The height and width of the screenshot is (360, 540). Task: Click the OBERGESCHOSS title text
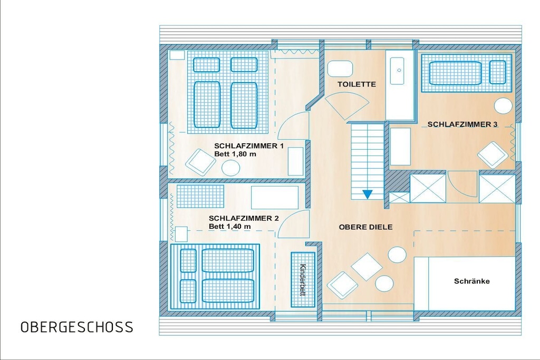[77, 327]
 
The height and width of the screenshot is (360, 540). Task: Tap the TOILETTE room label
[356, 84]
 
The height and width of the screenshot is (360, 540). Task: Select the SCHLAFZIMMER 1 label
[249, 146]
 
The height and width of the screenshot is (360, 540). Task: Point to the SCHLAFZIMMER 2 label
[244, 218]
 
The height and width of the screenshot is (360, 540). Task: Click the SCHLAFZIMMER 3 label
[462, 124]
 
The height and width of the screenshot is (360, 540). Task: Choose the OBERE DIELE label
[366, 227]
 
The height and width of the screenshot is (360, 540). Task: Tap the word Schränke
[472, 281]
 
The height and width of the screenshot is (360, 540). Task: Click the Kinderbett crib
[303, 279]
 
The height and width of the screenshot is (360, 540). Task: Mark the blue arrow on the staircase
[368, 194]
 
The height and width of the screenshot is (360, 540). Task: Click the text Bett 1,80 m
[235, 154]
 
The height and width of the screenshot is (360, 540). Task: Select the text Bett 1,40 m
[230, 227]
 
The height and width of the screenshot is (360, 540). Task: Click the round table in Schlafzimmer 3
[503, 105]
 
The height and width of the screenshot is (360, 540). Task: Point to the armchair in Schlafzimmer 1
[201, 161]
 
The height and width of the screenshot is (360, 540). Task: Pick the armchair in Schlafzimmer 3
[493, 155]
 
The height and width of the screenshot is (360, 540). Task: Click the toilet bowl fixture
[340, 69]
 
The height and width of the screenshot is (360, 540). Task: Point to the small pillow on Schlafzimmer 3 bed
[498, 72]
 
